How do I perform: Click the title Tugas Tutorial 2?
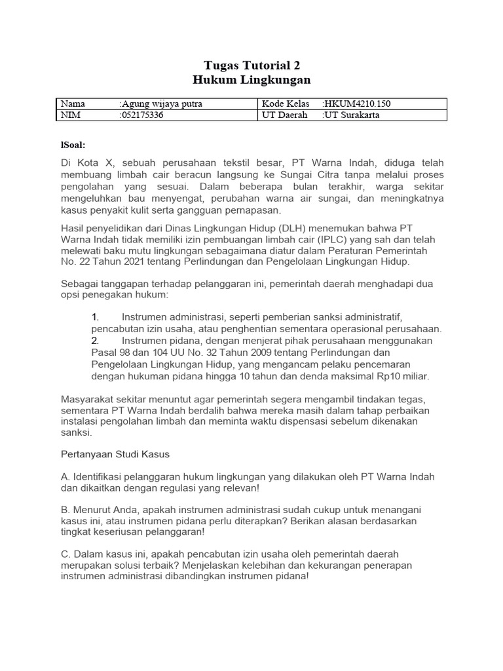click(251, 66)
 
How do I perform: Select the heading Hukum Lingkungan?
click(251, 80)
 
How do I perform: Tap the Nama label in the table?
click(73, 104)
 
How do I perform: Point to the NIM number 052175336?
click(142, 115)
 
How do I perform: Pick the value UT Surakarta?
click(352, 115)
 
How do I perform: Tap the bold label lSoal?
click(73, 144)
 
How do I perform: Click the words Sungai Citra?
click(301, 174)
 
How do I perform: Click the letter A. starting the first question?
click(65, 476)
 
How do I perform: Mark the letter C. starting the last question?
click(65, 554)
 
